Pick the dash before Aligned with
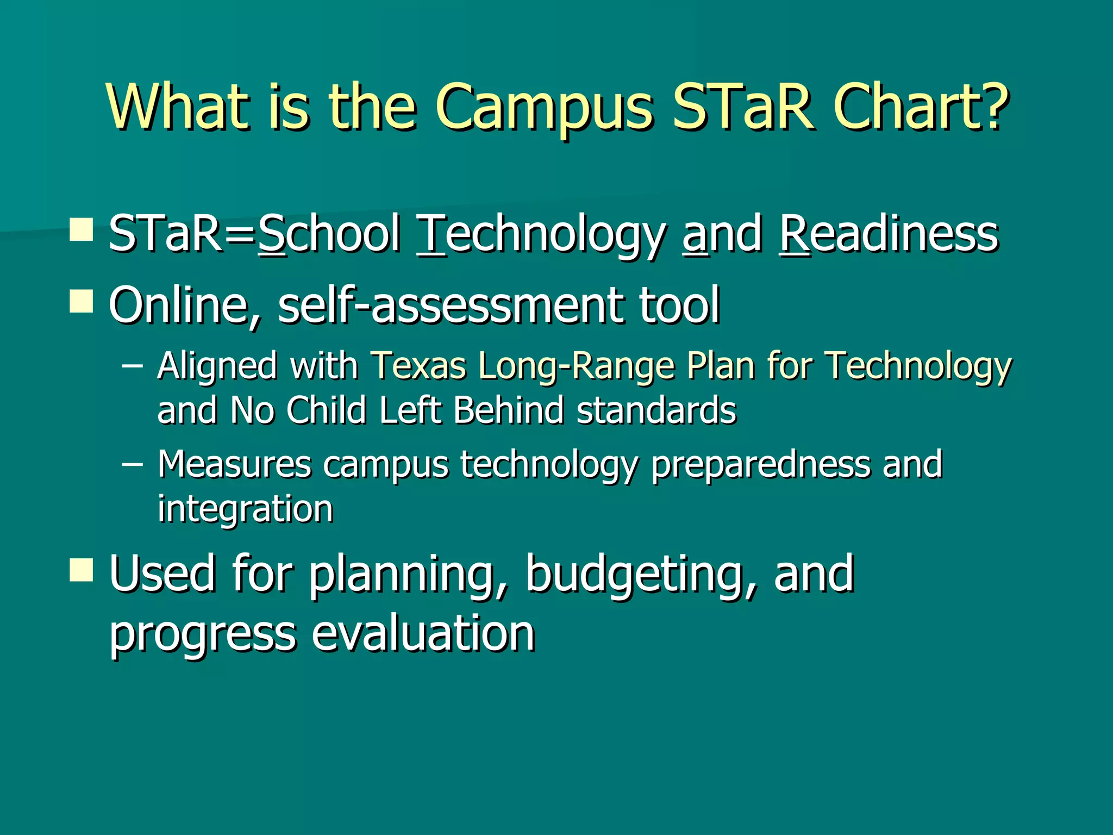(x=133, y=365)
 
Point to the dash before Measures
(x=133, y=464)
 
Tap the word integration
(x=245, y=509)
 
